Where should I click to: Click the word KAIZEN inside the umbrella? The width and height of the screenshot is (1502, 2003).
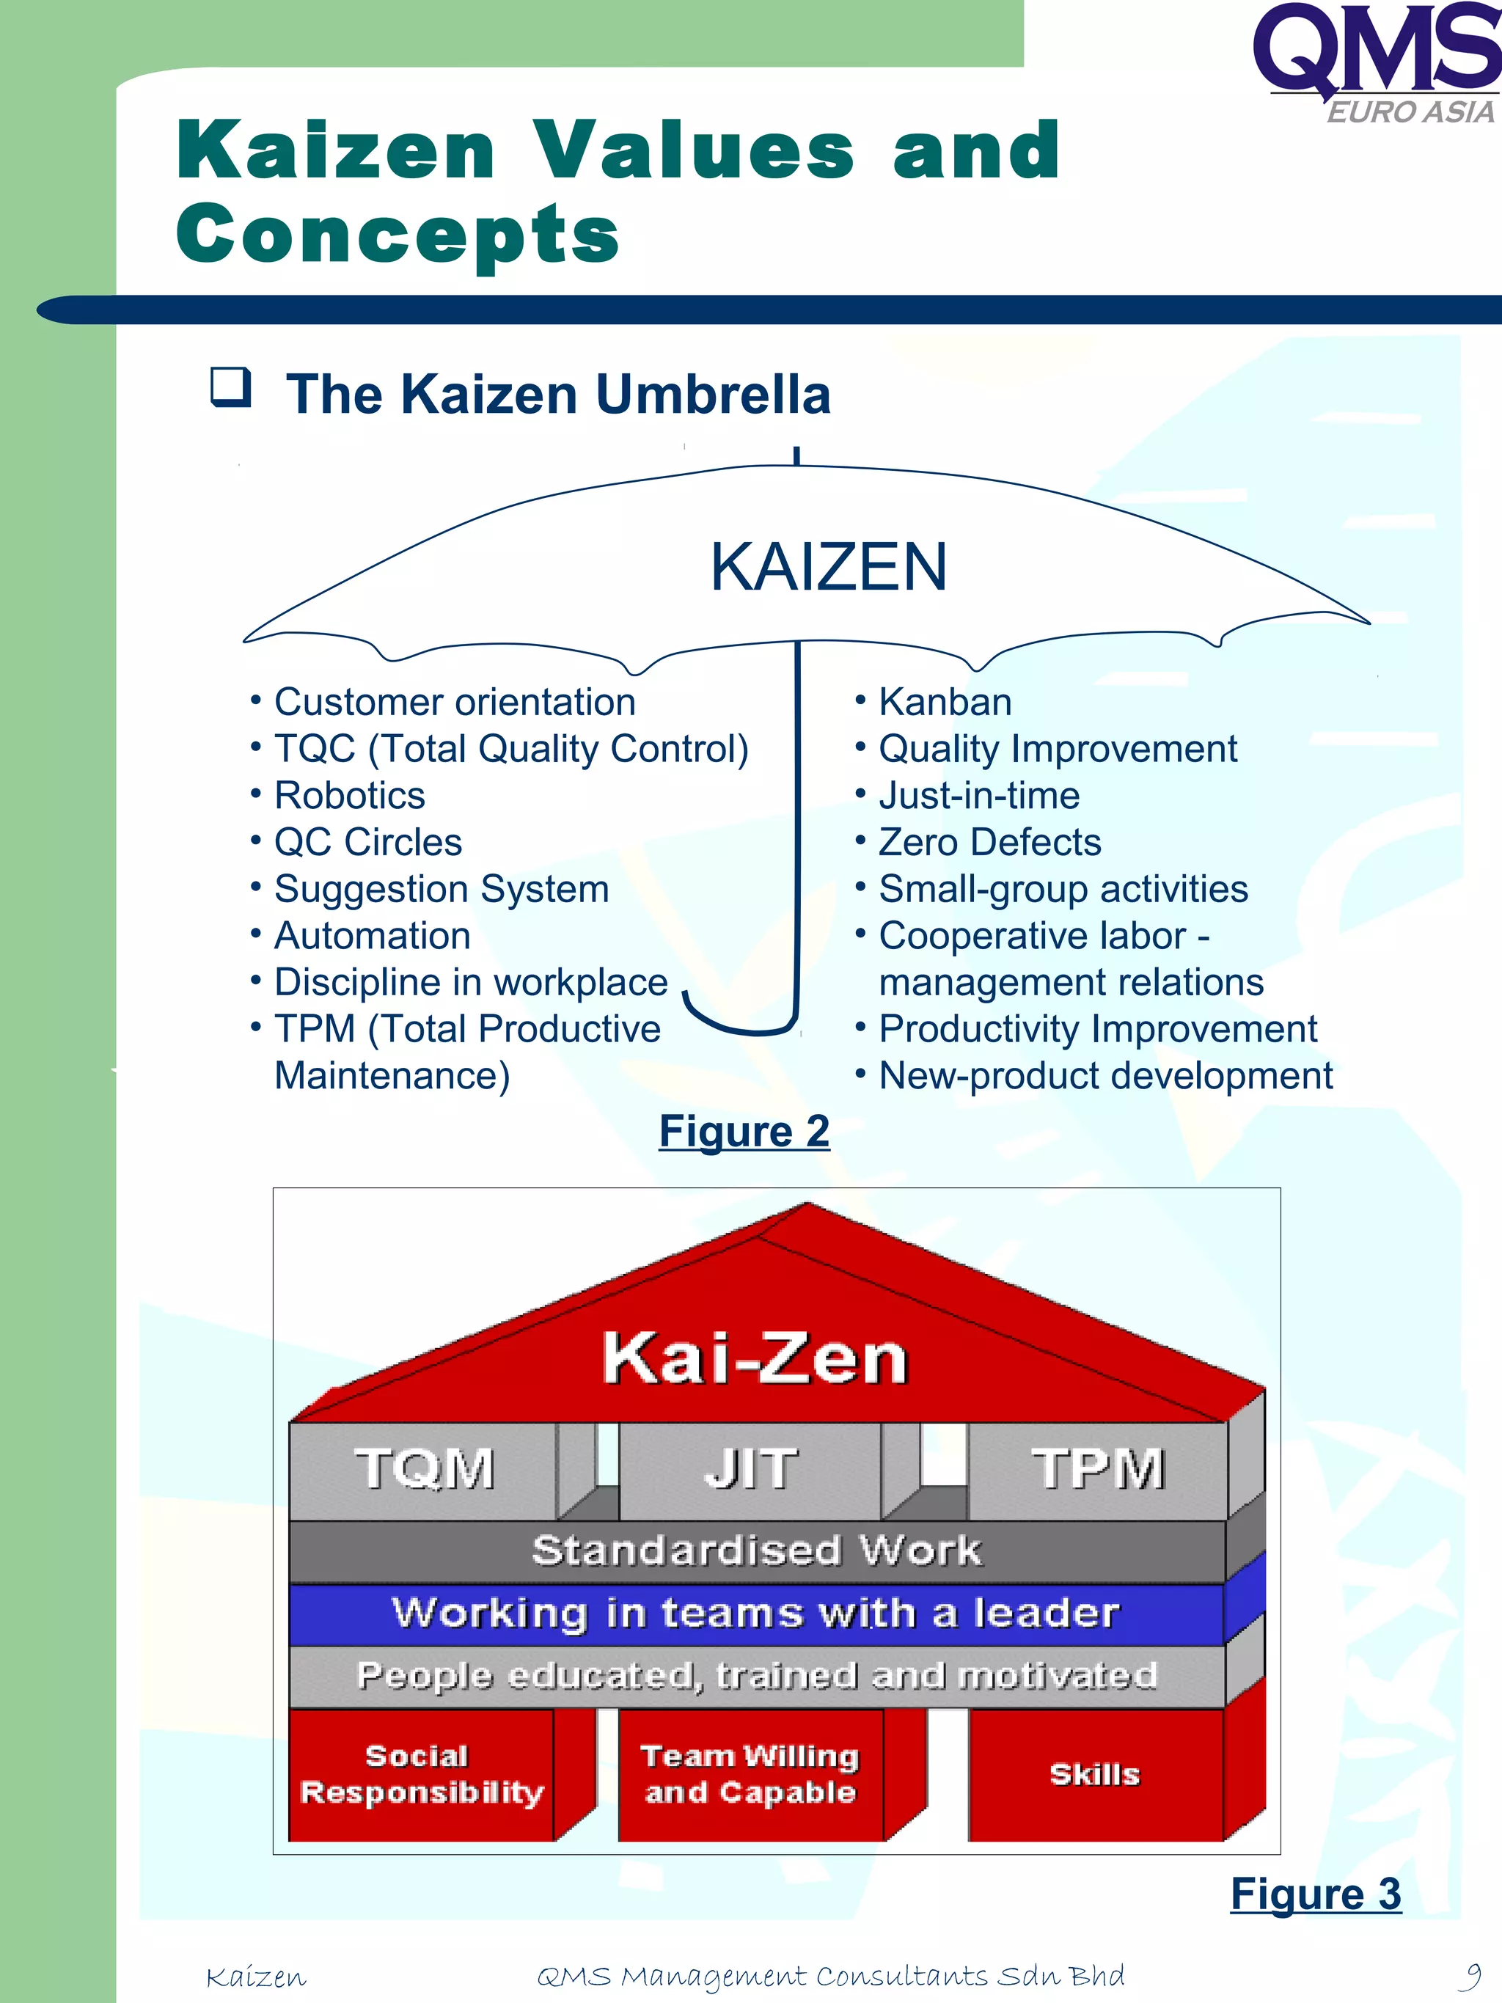point(829,568)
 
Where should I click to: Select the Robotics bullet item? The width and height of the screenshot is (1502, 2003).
point(350,796)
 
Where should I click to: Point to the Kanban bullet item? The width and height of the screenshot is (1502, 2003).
point(945,703)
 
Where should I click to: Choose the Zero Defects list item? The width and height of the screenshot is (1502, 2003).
point(989,843)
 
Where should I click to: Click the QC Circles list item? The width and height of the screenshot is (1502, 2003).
point(367,843)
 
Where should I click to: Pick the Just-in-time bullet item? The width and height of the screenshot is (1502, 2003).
point(978,796)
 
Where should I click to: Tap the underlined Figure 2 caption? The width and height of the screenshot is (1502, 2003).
point(744,1132)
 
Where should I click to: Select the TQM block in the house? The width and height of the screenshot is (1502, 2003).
point(424,1469)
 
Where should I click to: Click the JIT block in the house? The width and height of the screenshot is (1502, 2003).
point(750,1469)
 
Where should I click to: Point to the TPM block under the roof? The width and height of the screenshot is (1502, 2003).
point(1097,1469)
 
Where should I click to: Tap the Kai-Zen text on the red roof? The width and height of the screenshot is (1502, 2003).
point(754,1359)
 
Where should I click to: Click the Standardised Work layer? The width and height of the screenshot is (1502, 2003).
point(756,1550)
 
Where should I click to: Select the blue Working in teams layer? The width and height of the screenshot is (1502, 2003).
point(756,1614)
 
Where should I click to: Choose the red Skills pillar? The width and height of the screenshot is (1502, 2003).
point(1094,1775)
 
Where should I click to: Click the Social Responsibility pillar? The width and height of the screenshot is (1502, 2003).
point(421,1775)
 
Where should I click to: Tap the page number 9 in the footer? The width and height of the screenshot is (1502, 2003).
point(1473,1974)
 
